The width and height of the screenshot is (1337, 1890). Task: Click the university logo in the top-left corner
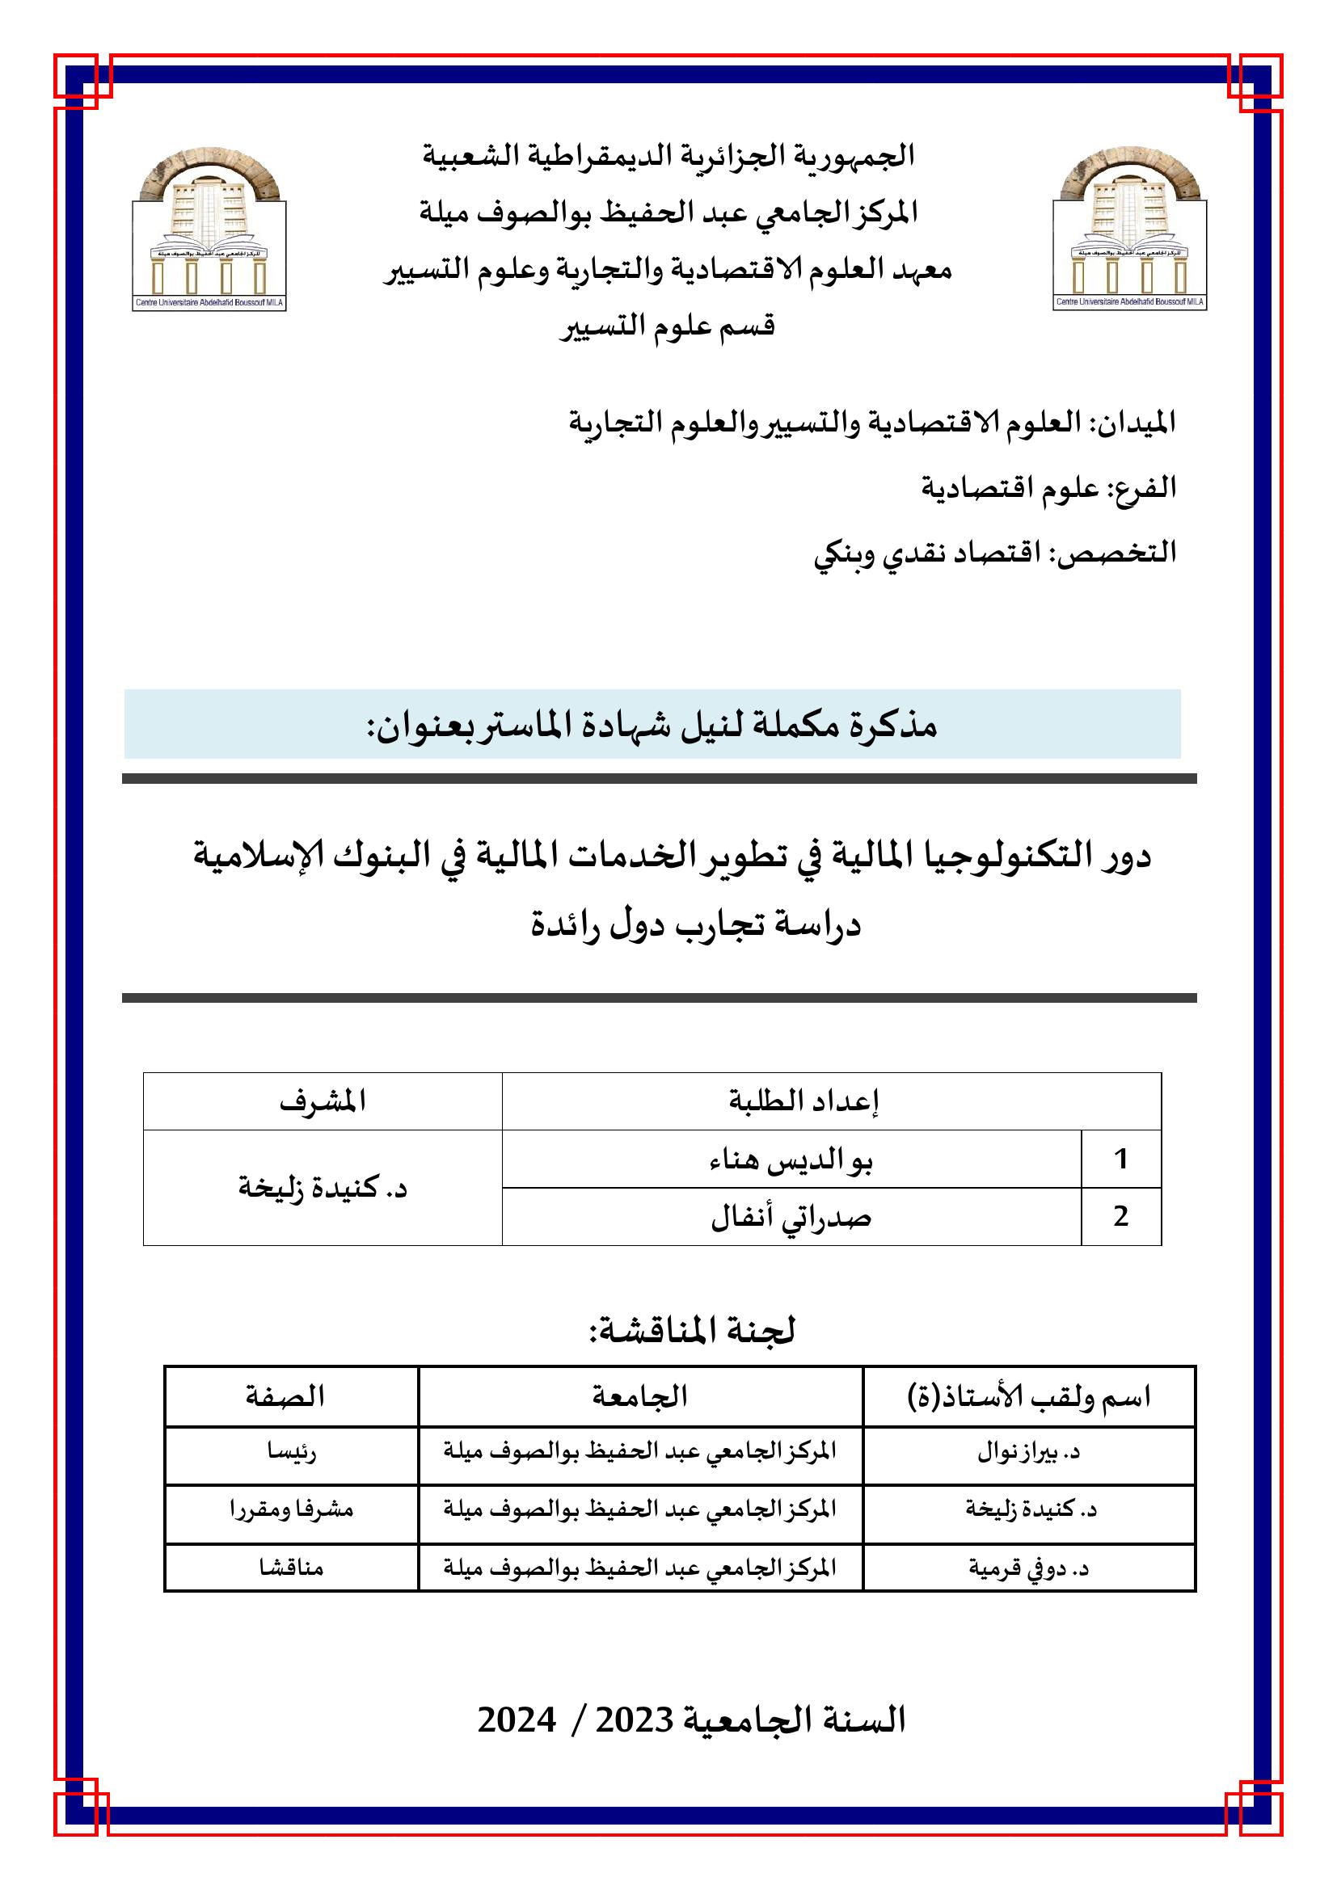[209, 228]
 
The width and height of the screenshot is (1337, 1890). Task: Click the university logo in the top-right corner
[1129, 228]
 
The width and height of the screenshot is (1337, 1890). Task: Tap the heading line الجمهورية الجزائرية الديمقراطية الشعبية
[668, 156]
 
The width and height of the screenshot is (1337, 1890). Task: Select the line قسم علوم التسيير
[668, 326]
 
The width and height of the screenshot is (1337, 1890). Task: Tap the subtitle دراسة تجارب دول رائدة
[696, 924]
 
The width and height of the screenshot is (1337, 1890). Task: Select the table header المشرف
[322, 1101]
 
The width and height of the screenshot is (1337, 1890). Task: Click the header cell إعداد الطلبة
[803, 1101]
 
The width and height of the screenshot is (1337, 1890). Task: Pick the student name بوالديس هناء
[791, 1160]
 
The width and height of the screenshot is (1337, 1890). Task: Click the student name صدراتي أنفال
[791, 1217]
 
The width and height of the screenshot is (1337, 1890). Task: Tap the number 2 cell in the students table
[1120, 1217]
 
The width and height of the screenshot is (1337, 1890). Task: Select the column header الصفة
[285, 1396]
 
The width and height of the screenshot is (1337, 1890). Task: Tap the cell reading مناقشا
[291, 1568]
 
